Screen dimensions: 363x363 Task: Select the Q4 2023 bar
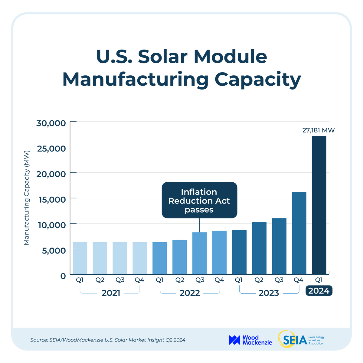tap(299, 233)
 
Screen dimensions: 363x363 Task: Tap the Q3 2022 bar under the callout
tap(199, 253)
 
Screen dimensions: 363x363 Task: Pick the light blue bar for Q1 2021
tap(80, 258)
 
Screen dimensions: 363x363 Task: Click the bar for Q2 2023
tap(259, 248)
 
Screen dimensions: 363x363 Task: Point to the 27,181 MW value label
tap(319, 130)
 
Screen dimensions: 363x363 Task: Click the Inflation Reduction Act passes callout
tap(199, 200)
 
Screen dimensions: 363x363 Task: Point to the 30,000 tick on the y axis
tap(51, 123)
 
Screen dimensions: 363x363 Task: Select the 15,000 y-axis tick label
tap(51, 199)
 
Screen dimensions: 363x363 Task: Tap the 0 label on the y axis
tap(63, 276)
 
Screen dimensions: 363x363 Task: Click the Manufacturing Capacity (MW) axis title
tap(27, 198)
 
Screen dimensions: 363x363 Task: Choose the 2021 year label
tap(111, 293)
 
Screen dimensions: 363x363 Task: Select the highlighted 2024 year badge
tap(319, 291)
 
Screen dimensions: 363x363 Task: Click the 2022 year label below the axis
tap(190, 293)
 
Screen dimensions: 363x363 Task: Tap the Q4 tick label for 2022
tap(219, 280)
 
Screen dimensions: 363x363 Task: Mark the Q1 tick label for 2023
tap(239, 280)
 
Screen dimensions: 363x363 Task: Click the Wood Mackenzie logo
tap(250, 340)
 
